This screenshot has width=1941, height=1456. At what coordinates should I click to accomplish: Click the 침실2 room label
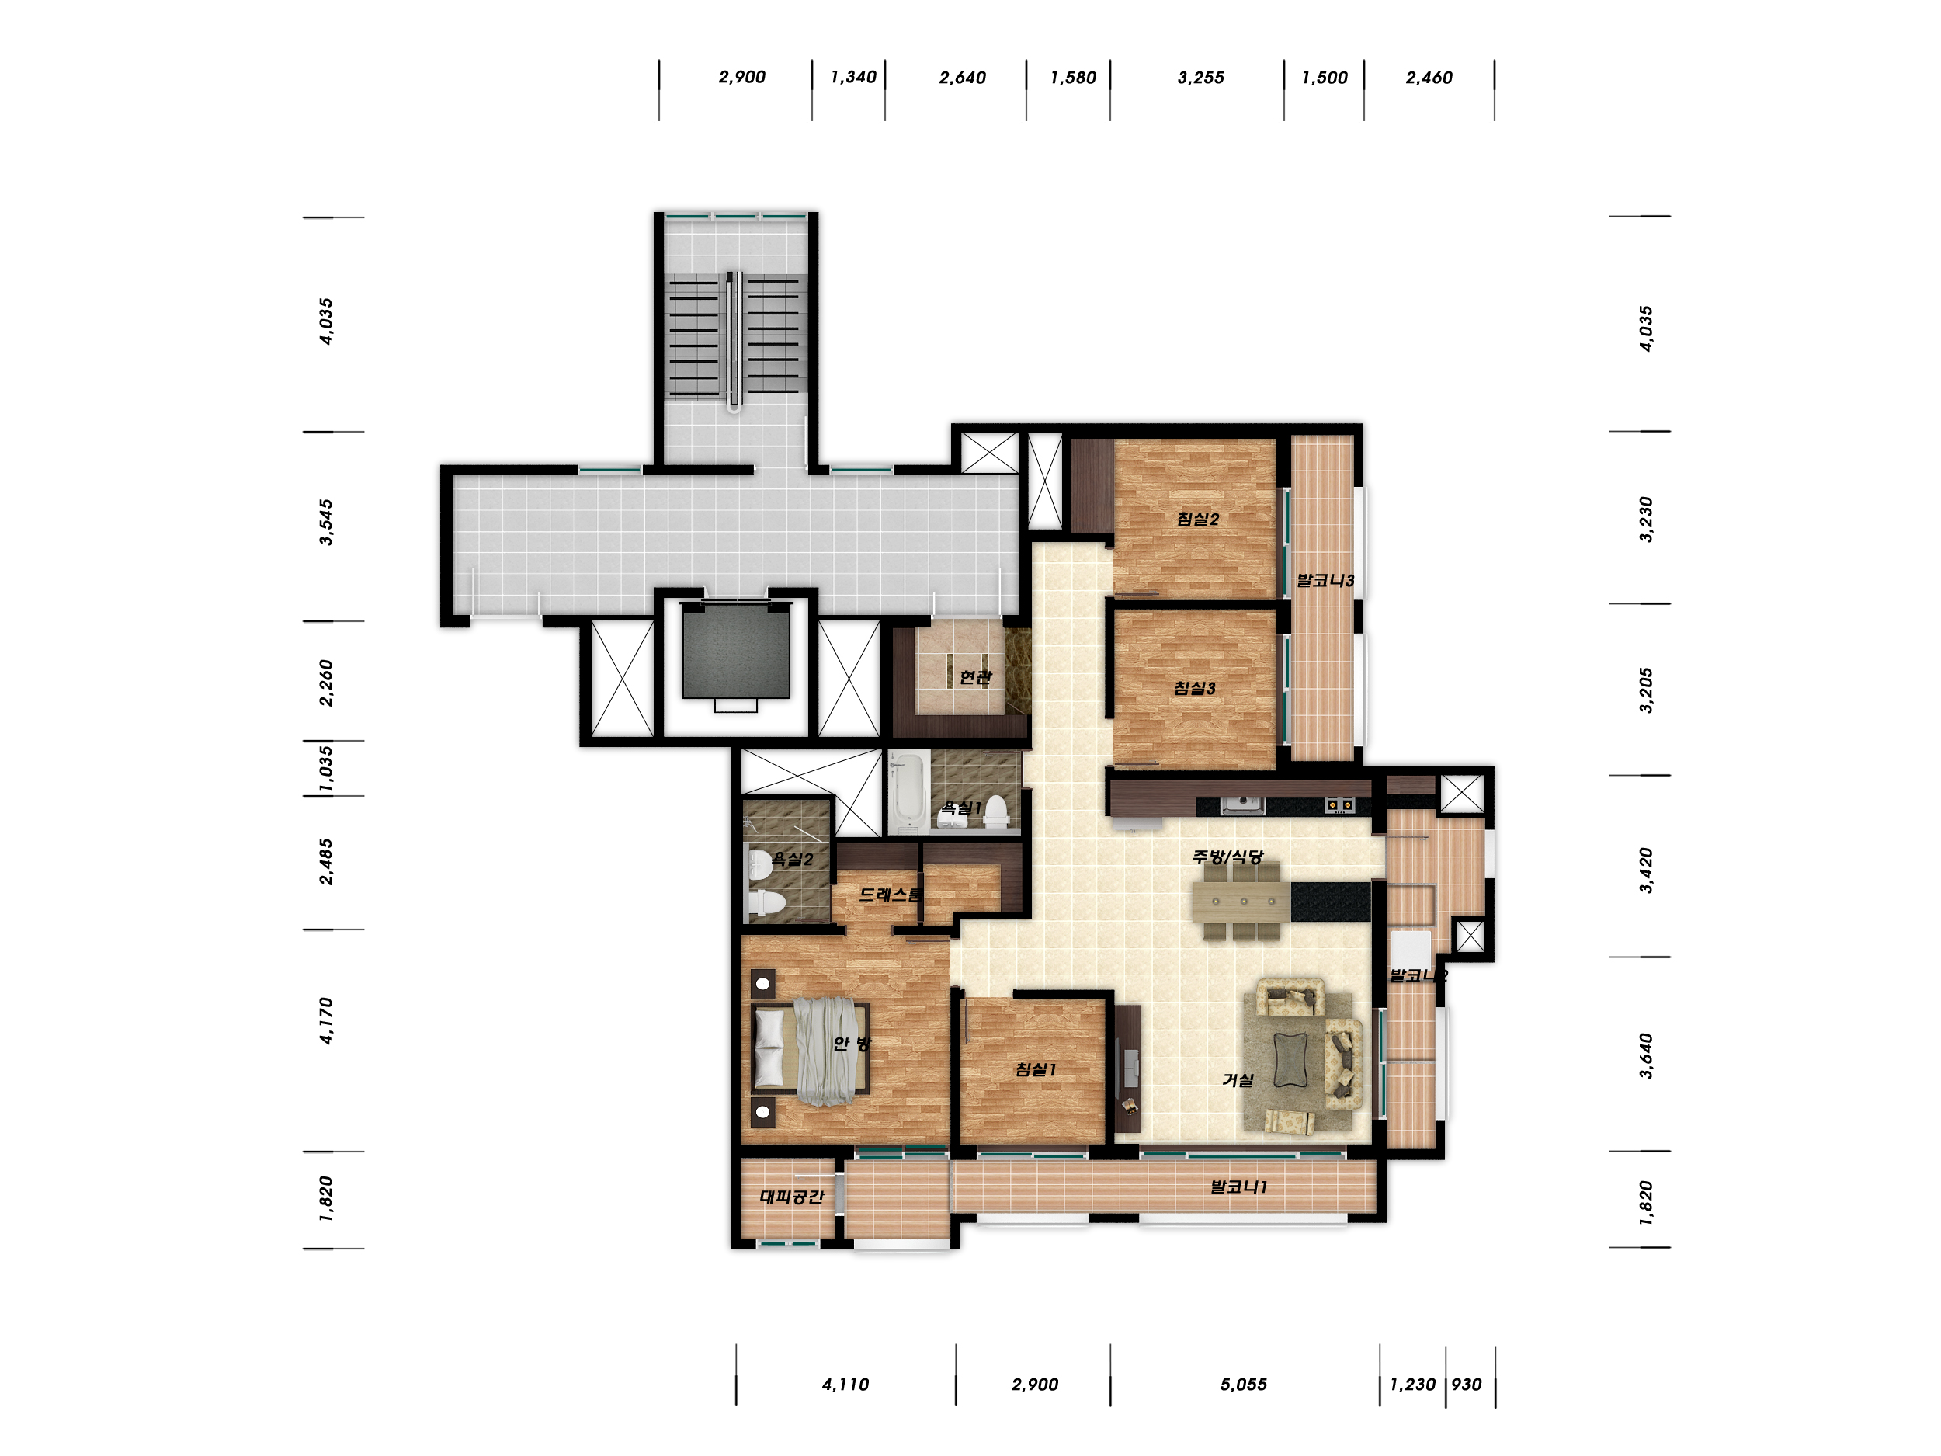(1198, 519)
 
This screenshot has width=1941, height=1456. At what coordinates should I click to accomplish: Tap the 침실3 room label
(1195, 688)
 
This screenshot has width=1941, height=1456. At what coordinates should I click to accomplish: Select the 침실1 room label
(1036, 1069)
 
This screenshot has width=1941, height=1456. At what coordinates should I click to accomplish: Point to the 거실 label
(1238, 1079)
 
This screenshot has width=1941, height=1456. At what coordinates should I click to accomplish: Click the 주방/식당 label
(1227, 856)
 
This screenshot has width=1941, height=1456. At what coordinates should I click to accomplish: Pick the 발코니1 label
(1239, 1187)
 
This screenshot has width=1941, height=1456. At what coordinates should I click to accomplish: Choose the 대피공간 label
(791, 1196)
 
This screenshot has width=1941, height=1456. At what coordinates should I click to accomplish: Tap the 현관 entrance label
(975, 676)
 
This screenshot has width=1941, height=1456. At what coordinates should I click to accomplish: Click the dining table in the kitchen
(1241, 901)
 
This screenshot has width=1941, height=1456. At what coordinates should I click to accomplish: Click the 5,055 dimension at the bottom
(1243, 1384)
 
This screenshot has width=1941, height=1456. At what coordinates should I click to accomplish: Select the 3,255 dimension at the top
(1200, 77)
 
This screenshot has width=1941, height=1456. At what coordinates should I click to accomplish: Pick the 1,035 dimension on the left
(325, 769)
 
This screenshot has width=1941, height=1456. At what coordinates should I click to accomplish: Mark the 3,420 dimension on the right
(1645, 870)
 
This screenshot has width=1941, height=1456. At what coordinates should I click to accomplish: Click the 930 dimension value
(1467, 1384)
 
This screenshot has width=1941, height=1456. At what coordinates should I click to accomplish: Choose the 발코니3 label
(1325, 580)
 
